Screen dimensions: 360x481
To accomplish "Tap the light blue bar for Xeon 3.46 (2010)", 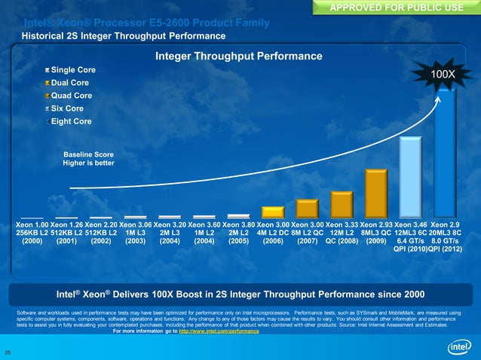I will pyautogui.click(x=409, y=178).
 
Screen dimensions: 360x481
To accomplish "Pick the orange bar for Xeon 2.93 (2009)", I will pyautogui.click(x=375, y=194).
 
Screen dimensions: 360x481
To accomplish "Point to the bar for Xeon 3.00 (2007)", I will pyautogui.click(x=307, y=209).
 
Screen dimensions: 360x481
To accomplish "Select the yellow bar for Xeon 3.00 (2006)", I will pyautogui.click(x=272, y=212).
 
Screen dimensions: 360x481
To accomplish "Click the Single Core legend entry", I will pyautogui.click(x=71, y=70).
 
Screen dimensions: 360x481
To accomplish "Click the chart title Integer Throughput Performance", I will pyautogui.click(x=238, y=56).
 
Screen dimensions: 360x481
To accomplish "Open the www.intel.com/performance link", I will pyautogui.click(x=218, y=331).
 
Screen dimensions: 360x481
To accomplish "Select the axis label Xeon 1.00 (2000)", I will pyautogui.click(x=31, y=233).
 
